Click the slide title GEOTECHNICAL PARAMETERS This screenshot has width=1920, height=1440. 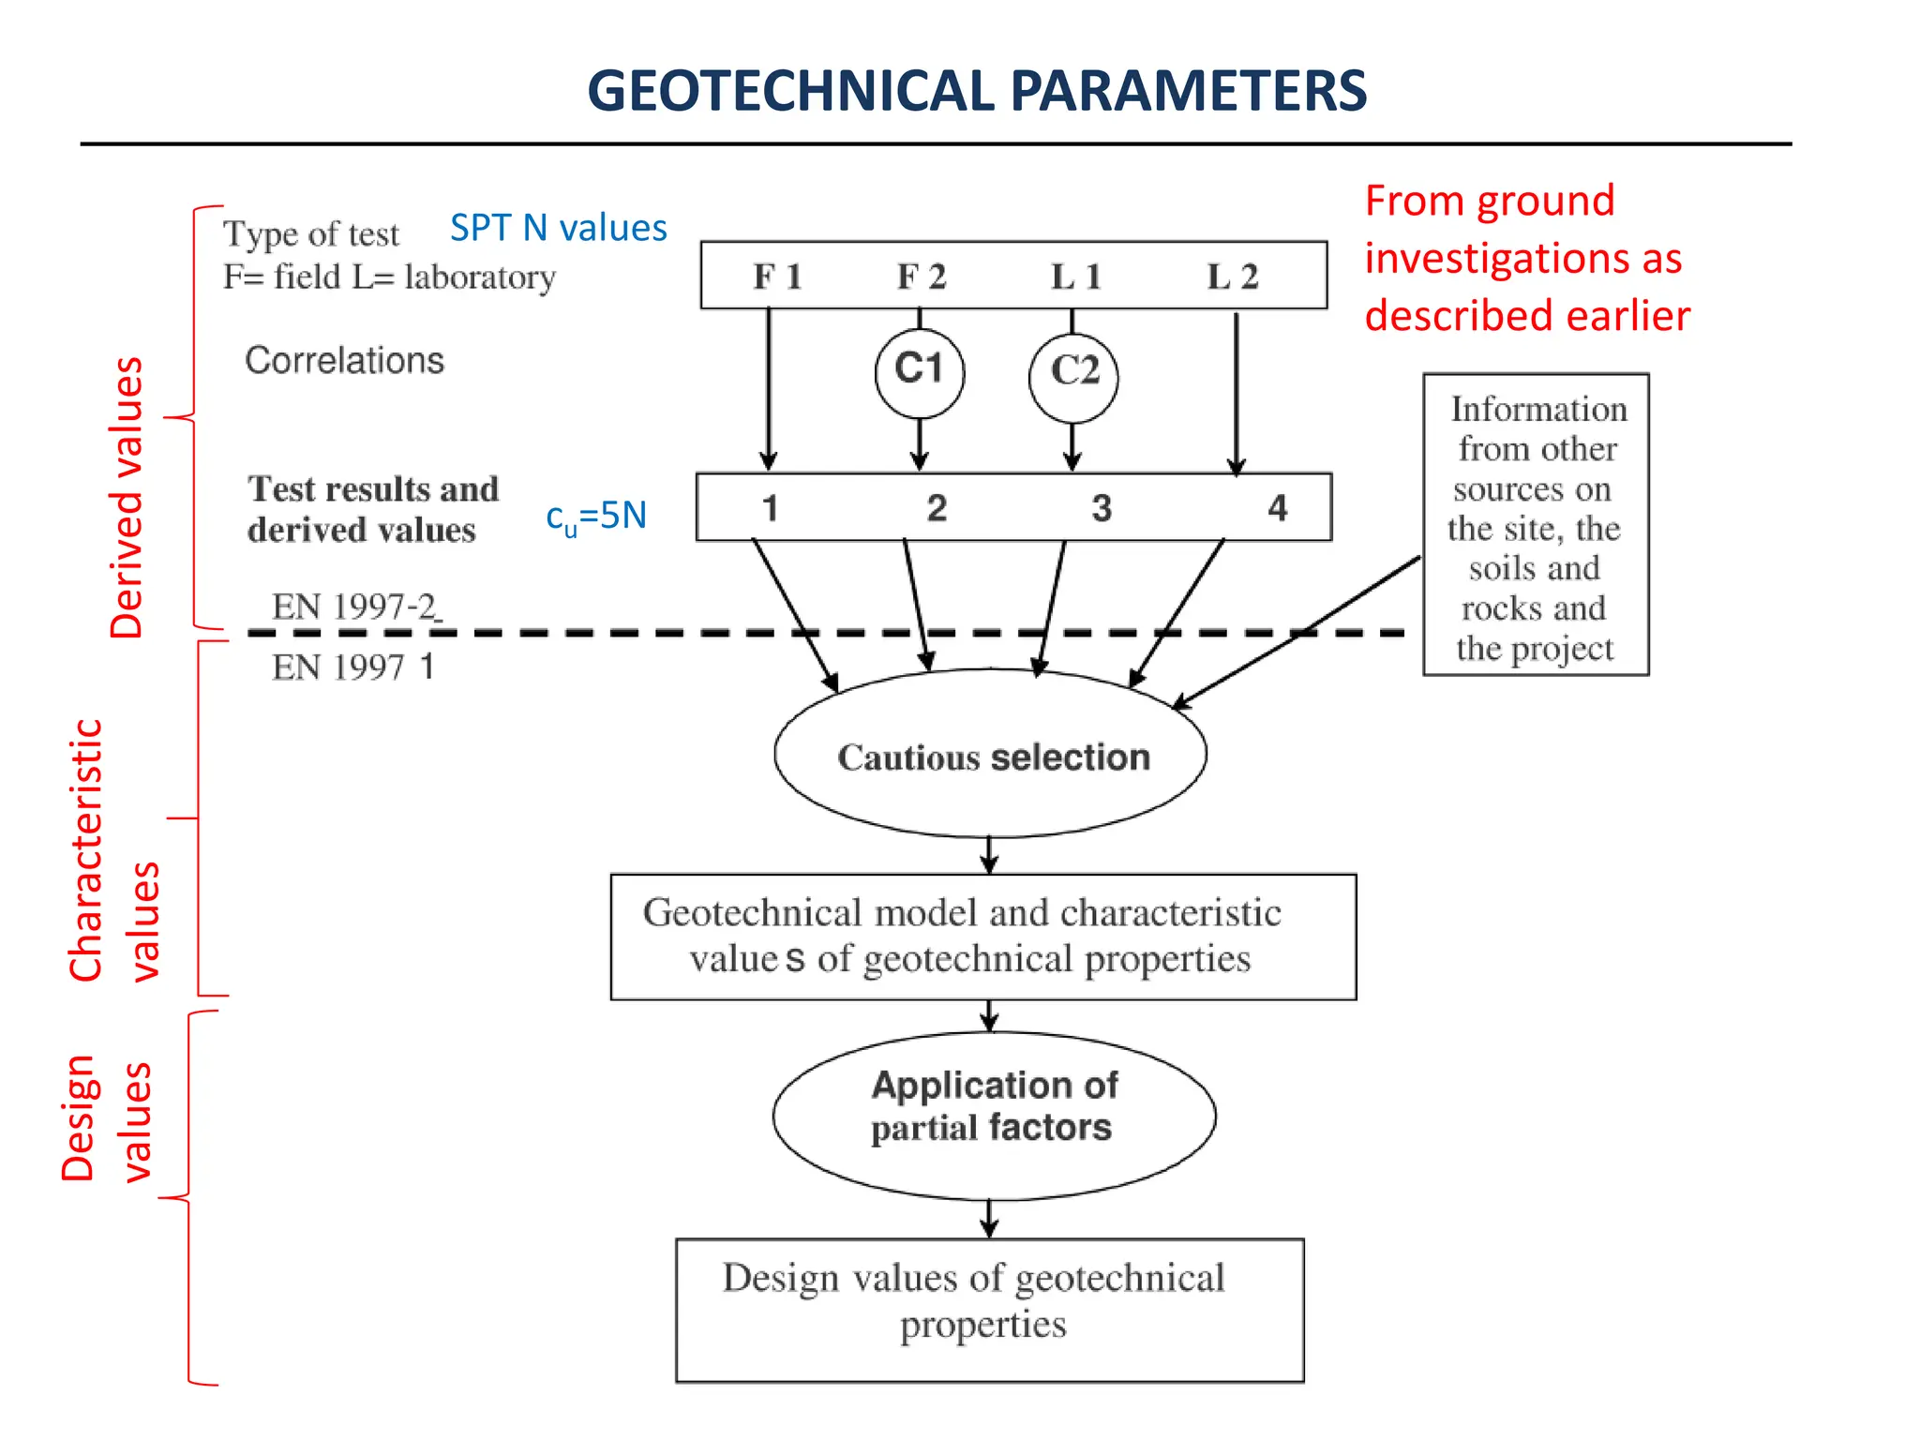976,91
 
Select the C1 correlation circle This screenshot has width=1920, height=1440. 919,371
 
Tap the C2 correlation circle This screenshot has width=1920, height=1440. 1073,372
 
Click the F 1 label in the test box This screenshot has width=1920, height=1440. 777,277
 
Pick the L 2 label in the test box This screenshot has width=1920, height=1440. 1231,277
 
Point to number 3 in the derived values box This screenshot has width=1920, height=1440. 1102,508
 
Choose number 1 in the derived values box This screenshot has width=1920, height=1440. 770,508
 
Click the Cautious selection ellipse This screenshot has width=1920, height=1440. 991,756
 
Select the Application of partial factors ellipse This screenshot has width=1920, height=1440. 994,1107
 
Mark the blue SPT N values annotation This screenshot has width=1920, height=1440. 558,229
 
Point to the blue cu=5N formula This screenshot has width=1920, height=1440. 596,517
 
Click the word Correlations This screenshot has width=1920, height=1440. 344,361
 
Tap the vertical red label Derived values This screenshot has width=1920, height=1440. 127,498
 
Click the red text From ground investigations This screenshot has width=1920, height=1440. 1525,258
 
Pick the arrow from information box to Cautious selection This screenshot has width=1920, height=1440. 1298,633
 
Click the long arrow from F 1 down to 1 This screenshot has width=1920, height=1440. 769,389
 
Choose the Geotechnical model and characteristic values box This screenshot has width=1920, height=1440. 982,937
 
